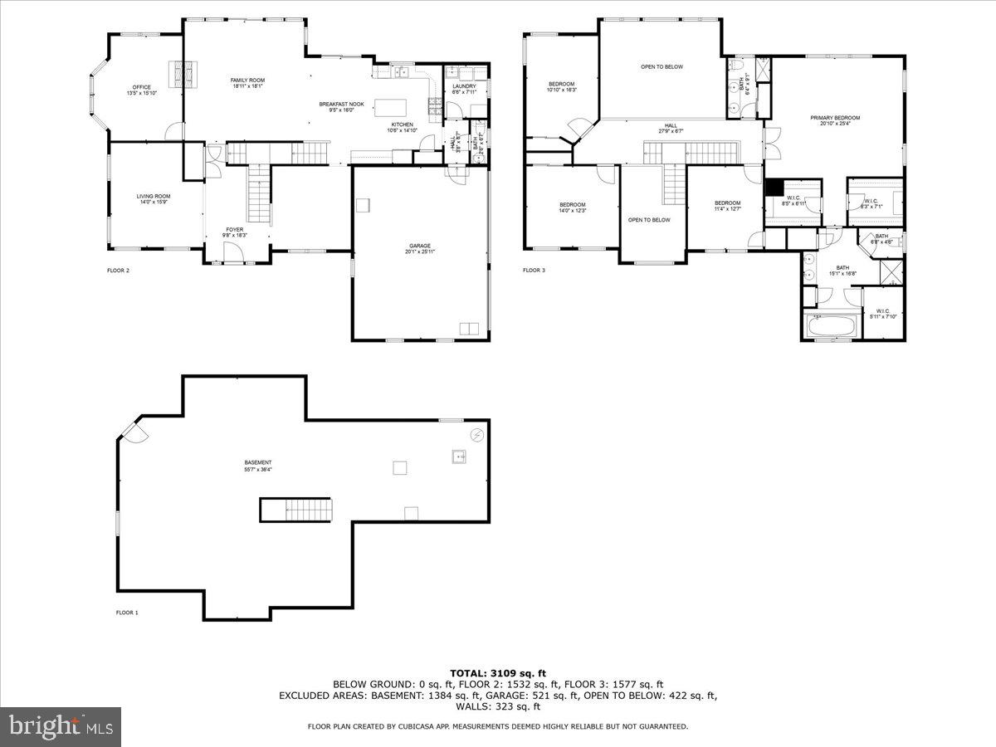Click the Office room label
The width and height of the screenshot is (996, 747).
click(142, 90)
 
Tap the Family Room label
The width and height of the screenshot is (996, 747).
click(247, 82)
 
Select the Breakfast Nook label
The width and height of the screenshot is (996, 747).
click(341, 106)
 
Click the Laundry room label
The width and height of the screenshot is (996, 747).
click(464, 89)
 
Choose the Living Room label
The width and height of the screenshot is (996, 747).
click(154, 199)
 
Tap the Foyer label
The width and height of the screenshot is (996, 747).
click(235, 232)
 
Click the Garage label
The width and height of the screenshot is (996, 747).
click(419, 248)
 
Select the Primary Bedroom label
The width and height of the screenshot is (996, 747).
click(835, 121)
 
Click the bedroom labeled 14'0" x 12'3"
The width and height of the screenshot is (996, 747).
click(572, 207)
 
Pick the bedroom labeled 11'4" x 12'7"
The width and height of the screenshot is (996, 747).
click(727, 206)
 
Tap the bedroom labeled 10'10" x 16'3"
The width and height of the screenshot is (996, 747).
click(561, 86)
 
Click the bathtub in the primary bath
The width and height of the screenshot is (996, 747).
click(831, 325)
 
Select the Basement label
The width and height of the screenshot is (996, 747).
click(257, 466)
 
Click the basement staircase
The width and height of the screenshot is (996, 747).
click(296, 510)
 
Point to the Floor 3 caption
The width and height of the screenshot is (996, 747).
click(534, 270)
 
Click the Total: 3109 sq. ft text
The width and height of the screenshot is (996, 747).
click(498, 673)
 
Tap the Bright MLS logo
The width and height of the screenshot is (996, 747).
click(60, 727)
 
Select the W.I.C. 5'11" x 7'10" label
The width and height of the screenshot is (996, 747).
click(882, 314)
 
